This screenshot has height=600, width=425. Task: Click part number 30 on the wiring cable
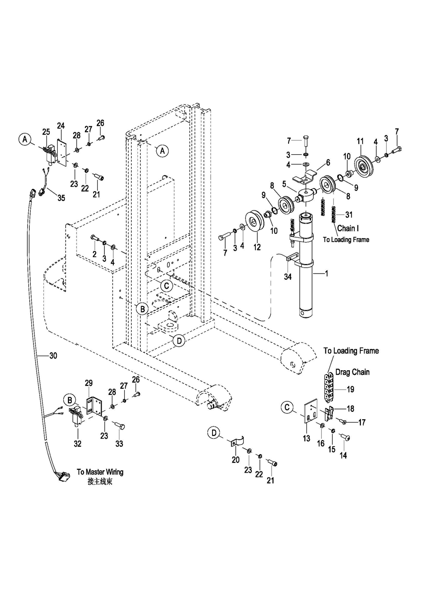[53, 356]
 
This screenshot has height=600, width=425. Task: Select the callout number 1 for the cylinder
[326, 274]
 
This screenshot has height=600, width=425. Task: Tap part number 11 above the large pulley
[360, 141]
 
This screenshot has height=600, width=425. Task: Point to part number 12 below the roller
[257, 247]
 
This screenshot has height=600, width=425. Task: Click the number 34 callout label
[288, 276]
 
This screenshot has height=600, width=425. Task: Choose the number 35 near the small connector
[61, 198]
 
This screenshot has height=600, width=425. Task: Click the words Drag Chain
[352, 372]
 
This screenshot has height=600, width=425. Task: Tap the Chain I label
[348, 228]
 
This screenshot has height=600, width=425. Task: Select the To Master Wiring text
[100, 472]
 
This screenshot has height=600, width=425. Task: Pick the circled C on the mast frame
[167, 286]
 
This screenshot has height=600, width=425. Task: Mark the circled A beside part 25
[25, 139]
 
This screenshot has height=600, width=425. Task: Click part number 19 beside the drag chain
[350, 389]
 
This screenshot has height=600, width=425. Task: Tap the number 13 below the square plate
[306, 439]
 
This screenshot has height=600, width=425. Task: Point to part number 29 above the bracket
[89, 383]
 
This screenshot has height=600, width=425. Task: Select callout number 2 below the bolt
[94, 254]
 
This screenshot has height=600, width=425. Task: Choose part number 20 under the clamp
[236, 460]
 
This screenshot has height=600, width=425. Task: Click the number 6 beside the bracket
[328, 163]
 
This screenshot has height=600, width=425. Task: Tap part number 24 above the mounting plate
[61, 125]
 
